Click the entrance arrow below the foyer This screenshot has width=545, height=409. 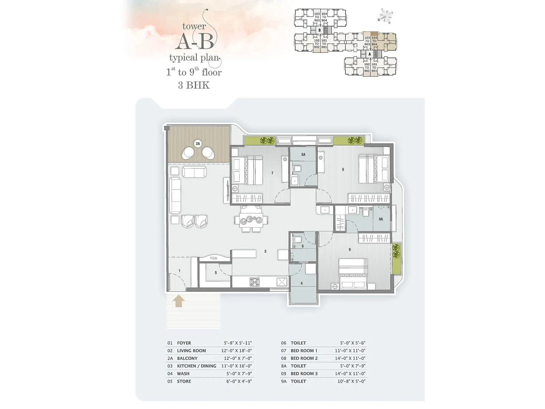(179, 301)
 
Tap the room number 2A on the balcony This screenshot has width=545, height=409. (198, 143)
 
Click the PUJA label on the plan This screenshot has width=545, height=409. (214, 258)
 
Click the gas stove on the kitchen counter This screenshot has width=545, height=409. (254, 282)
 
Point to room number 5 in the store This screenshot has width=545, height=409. (216, 273)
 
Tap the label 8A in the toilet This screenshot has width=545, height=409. (303, 154)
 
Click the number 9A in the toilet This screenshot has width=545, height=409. (381, 219)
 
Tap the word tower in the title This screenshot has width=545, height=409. (194, 26)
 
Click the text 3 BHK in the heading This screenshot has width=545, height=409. (193, 85)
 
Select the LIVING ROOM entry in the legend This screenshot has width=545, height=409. (191, 351)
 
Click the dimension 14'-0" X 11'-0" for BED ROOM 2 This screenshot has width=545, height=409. (350, 358)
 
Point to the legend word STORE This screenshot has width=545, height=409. (184, 381)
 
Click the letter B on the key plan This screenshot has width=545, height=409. (320, 30)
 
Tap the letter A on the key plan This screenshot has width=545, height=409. (370, 54)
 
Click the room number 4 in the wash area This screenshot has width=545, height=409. (301, 283)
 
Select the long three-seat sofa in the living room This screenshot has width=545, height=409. (175, 196)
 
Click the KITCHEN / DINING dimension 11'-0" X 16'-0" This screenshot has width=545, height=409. (236, 366)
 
